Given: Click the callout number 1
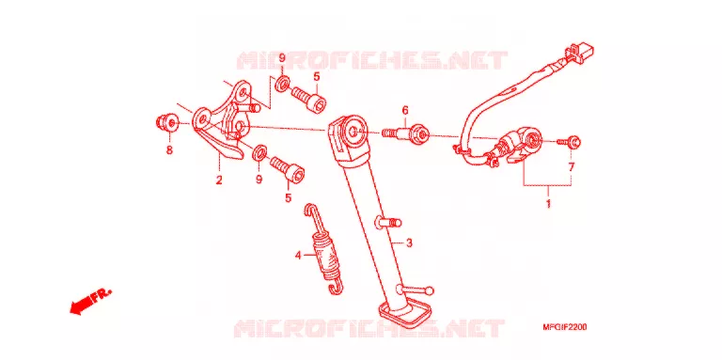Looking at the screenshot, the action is [x=548, y=203].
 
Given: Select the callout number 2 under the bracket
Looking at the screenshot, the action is [x=219, y=180].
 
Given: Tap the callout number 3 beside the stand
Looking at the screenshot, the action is [x=409, y=243].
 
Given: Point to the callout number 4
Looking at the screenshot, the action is [x=298, y=255].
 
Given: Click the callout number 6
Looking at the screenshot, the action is [x=405, y=111].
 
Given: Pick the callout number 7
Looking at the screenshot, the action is [x=572, y=167].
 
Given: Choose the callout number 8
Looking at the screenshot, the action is [x=169, y=150].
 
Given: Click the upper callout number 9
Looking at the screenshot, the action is [x=282, y=58].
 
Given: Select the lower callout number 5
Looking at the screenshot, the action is [x=289, y=198].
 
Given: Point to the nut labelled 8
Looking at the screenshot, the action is [x=166, y=123].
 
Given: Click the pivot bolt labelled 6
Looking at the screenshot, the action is [x=405, y=133].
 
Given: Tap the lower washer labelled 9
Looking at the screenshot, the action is [x=260, y=151].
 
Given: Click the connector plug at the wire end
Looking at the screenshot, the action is [x=581, y=51].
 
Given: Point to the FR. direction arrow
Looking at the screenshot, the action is [x=89, y=302].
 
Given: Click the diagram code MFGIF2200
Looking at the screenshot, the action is [x=564, y=328].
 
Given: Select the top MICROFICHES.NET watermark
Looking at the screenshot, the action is [x=371, y=60].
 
